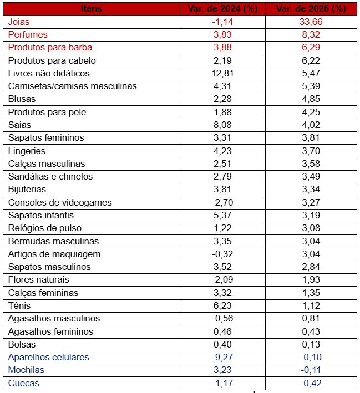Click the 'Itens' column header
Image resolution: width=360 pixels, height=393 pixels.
[x=92, y=9]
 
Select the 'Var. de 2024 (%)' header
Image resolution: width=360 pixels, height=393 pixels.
[x=222, y=9]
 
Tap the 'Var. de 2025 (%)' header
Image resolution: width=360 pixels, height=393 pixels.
[x=311, y=9]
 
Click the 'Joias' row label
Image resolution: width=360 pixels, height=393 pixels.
[x=19, y=22]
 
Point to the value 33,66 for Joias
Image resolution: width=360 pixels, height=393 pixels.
[x=311, y=22]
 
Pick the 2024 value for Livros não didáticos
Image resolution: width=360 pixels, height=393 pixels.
[x=222, y=73]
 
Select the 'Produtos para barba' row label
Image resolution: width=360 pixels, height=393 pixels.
[x=50, y=47]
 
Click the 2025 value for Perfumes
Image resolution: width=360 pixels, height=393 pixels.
[x=311, y=34]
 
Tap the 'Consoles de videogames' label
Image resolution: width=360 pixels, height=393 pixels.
[x=60, y=202]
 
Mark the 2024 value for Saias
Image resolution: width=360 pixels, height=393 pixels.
[x=222, y=125]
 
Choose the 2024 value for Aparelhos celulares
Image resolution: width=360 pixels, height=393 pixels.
[x=222, y=357]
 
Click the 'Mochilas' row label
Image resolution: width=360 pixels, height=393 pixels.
[x=26, y=370]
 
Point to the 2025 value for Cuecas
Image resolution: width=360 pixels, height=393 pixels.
[x=311, y=383]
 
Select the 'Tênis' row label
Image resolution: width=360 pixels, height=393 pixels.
[x=19, y=305]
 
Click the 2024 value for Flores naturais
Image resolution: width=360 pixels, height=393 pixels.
[x=222, y=279]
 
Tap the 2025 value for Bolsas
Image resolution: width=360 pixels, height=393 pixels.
[x=311, y=344]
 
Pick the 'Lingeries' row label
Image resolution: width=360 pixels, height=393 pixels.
[x=27, y=151]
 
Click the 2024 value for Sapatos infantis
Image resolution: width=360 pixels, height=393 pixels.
[x=222, y=215]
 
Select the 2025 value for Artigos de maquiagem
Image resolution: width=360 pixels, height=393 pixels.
[x=311, y=254]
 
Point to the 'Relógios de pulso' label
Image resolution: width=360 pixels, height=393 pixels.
[x=45, y=228]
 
